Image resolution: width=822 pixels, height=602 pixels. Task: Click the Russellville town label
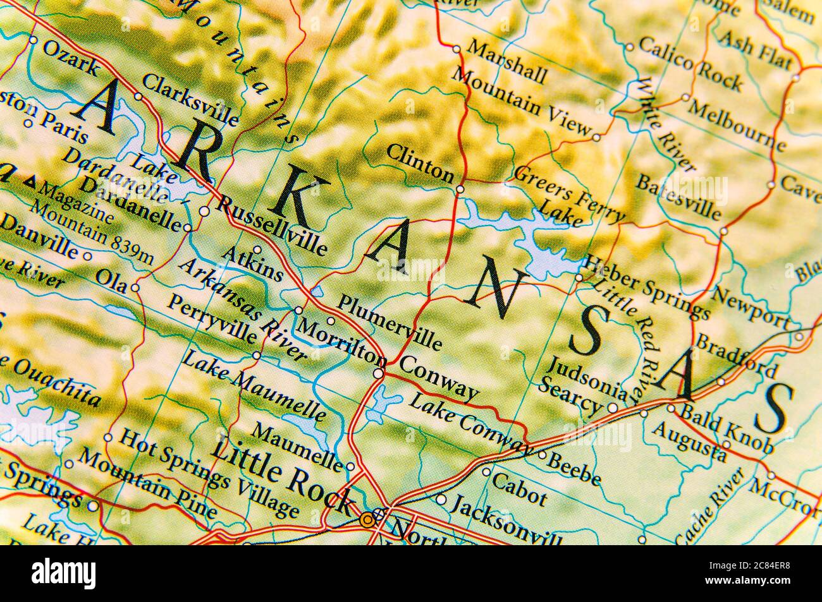pos(272,224)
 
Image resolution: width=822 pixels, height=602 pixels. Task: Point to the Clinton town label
pos(420,162)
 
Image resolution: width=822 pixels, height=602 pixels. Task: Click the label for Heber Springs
pos(646,287)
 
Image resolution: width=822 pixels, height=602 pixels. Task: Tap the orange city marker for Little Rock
pos(367,520)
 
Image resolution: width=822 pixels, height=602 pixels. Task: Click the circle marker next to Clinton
pos(460,188)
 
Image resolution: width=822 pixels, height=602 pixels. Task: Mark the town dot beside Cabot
pos(486,471)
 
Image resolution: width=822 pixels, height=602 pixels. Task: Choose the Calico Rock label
pos(690,63)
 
